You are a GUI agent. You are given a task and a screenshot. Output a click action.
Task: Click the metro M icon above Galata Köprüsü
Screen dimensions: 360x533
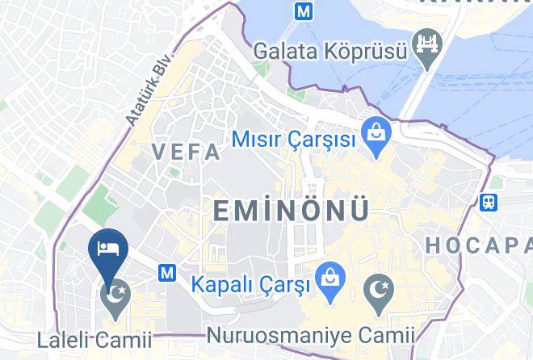pos(303,12)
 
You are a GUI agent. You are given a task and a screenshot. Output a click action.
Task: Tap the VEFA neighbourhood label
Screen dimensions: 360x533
pos(186,152)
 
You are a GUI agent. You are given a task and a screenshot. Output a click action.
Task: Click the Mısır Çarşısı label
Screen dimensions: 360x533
pos(294,139)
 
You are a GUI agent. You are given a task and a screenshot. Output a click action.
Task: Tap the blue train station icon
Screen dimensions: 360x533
pos(489,202)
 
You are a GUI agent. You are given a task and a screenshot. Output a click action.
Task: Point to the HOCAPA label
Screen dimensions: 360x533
pos(477,245)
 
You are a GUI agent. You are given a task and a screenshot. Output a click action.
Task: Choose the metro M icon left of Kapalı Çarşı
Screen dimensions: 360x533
pos(167,273)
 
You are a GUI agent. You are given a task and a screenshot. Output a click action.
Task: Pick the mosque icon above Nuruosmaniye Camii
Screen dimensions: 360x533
pos(378,288)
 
